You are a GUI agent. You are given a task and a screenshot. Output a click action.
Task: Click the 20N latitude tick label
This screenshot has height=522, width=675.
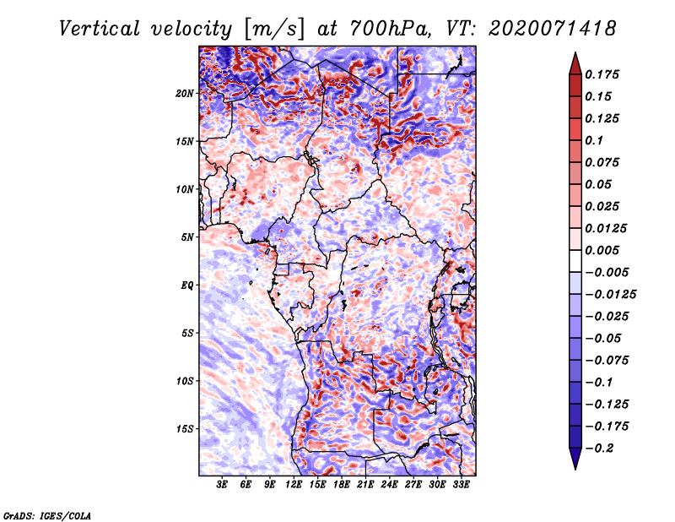[x=185, y=94]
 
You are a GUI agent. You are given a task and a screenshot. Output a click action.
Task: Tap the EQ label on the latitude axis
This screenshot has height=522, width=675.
[x=187, y=285]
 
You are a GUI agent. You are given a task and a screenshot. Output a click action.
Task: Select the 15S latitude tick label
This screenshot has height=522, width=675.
[x=185, y=429]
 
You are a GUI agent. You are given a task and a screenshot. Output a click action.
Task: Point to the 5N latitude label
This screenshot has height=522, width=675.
[x=187, y=237]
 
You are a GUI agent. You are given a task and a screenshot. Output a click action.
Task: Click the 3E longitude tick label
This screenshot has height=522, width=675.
[x=222, y=485]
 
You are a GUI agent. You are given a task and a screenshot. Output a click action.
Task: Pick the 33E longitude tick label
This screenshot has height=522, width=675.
[x=461, y=485]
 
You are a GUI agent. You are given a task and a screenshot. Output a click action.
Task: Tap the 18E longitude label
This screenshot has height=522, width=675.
[x=342, y=485]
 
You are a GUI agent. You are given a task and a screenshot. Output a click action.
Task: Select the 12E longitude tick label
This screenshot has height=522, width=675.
[x=294, y=485]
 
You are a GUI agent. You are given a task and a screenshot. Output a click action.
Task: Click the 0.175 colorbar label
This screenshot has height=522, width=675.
[x=602, y=74]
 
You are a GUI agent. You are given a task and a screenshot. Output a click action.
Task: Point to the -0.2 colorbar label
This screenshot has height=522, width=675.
[x=599, y=449]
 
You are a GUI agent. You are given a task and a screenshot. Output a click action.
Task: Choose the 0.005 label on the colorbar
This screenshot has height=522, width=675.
[x=602, y=250]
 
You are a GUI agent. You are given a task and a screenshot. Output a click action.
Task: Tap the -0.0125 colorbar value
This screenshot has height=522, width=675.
[x=610, y=295]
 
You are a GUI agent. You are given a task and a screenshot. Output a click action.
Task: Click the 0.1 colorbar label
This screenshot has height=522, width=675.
[x=594, y=140]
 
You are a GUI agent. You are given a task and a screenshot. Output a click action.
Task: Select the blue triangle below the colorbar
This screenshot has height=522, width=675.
[x=575, y=459]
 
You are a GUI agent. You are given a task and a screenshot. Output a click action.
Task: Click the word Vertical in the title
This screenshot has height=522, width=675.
[x=100, y=29]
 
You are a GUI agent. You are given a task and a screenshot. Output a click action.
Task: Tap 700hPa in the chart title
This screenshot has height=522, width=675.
[x=390, y=29]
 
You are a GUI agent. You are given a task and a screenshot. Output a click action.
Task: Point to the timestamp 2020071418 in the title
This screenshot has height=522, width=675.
[x=553, y=29]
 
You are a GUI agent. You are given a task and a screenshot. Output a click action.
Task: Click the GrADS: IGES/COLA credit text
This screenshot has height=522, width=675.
[x=47, y=516]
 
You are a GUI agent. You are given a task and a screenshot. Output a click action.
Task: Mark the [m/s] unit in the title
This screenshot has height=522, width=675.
[x=273, y=29]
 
